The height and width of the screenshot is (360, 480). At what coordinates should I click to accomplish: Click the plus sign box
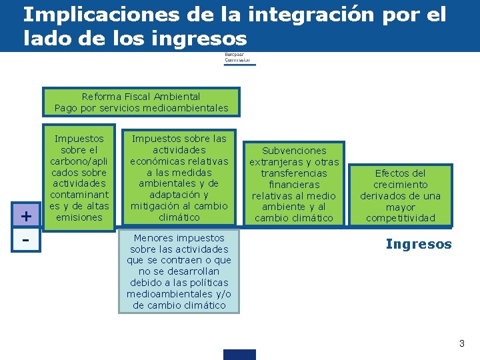coord(26,216)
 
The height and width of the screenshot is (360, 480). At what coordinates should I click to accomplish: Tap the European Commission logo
coord(239,58)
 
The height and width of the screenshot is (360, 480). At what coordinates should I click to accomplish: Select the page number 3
coord(461,343)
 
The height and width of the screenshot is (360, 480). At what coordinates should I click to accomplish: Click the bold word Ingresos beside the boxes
coord(419,244)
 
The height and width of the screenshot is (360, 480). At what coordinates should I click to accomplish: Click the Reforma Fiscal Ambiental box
coord(141,102)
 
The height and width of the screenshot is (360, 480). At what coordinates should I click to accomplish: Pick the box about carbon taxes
coord(79,177)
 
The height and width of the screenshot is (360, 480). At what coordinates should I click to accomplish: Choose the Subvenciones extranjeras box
coord(294,184)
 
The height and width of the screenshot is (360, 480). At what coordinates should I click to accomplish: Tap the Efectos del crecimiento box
coord(400,195)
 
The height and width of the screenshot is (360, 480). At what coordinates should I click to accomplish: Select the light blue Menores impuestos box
coord(179,271)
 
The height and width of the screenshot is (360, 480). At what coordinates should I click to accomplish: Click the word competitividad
coord(400,218)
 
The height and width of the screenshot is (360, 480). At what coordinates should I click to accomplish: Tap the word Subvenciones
coord(294,151)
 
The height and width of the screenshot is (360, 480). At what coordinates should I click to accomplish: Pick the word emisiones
coord(79,217)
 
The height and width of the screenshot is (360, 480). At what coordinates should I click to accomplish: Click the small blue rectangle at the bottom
coord(239,354)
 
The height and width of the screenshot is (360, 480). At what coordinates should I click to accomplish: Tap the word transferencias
coord(294,173)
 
